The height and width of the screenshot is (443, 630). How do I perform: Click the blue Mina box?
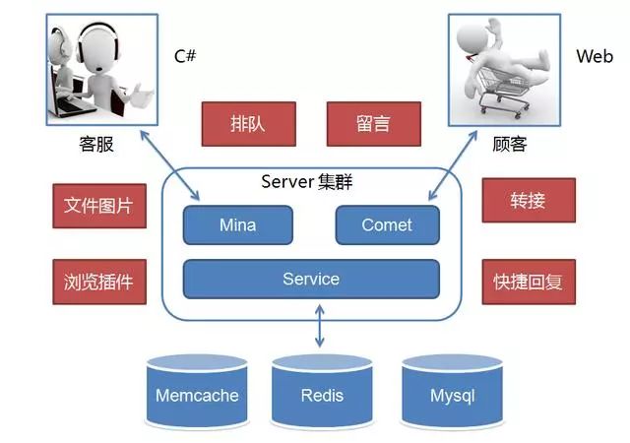pyautogui.click(x=237, y=225)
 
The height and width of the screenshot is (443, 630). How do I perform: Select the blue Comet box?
pyautogui.click(x=387, y=225)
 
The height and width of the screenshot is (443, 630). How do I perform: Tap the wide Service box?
pyautogui.click(x=311, y=280)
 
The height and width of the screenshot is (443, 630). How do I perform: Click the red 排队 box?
pyautogui.click(x=247, y=125)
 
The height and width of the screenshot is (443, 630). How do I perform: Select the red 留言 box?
pyautogui.click(x=373, y=125)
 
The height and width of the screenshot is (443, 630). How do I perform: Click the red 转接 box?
pyautogui.click(x=528, y=202)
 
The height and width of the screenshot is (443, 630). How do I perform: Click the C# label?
pyautogui.click(x=186, y=56)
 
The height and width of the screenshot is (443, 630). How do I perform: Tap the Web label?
pyautogui.click(x=595, y=56)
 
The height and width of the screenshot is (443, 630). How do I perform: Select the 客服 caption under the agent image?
pyautogui.click(x=96, y=145)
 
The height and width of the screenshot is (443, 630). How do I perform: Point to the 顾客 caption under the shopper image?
pyautogui.click(x=509, y=145)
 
